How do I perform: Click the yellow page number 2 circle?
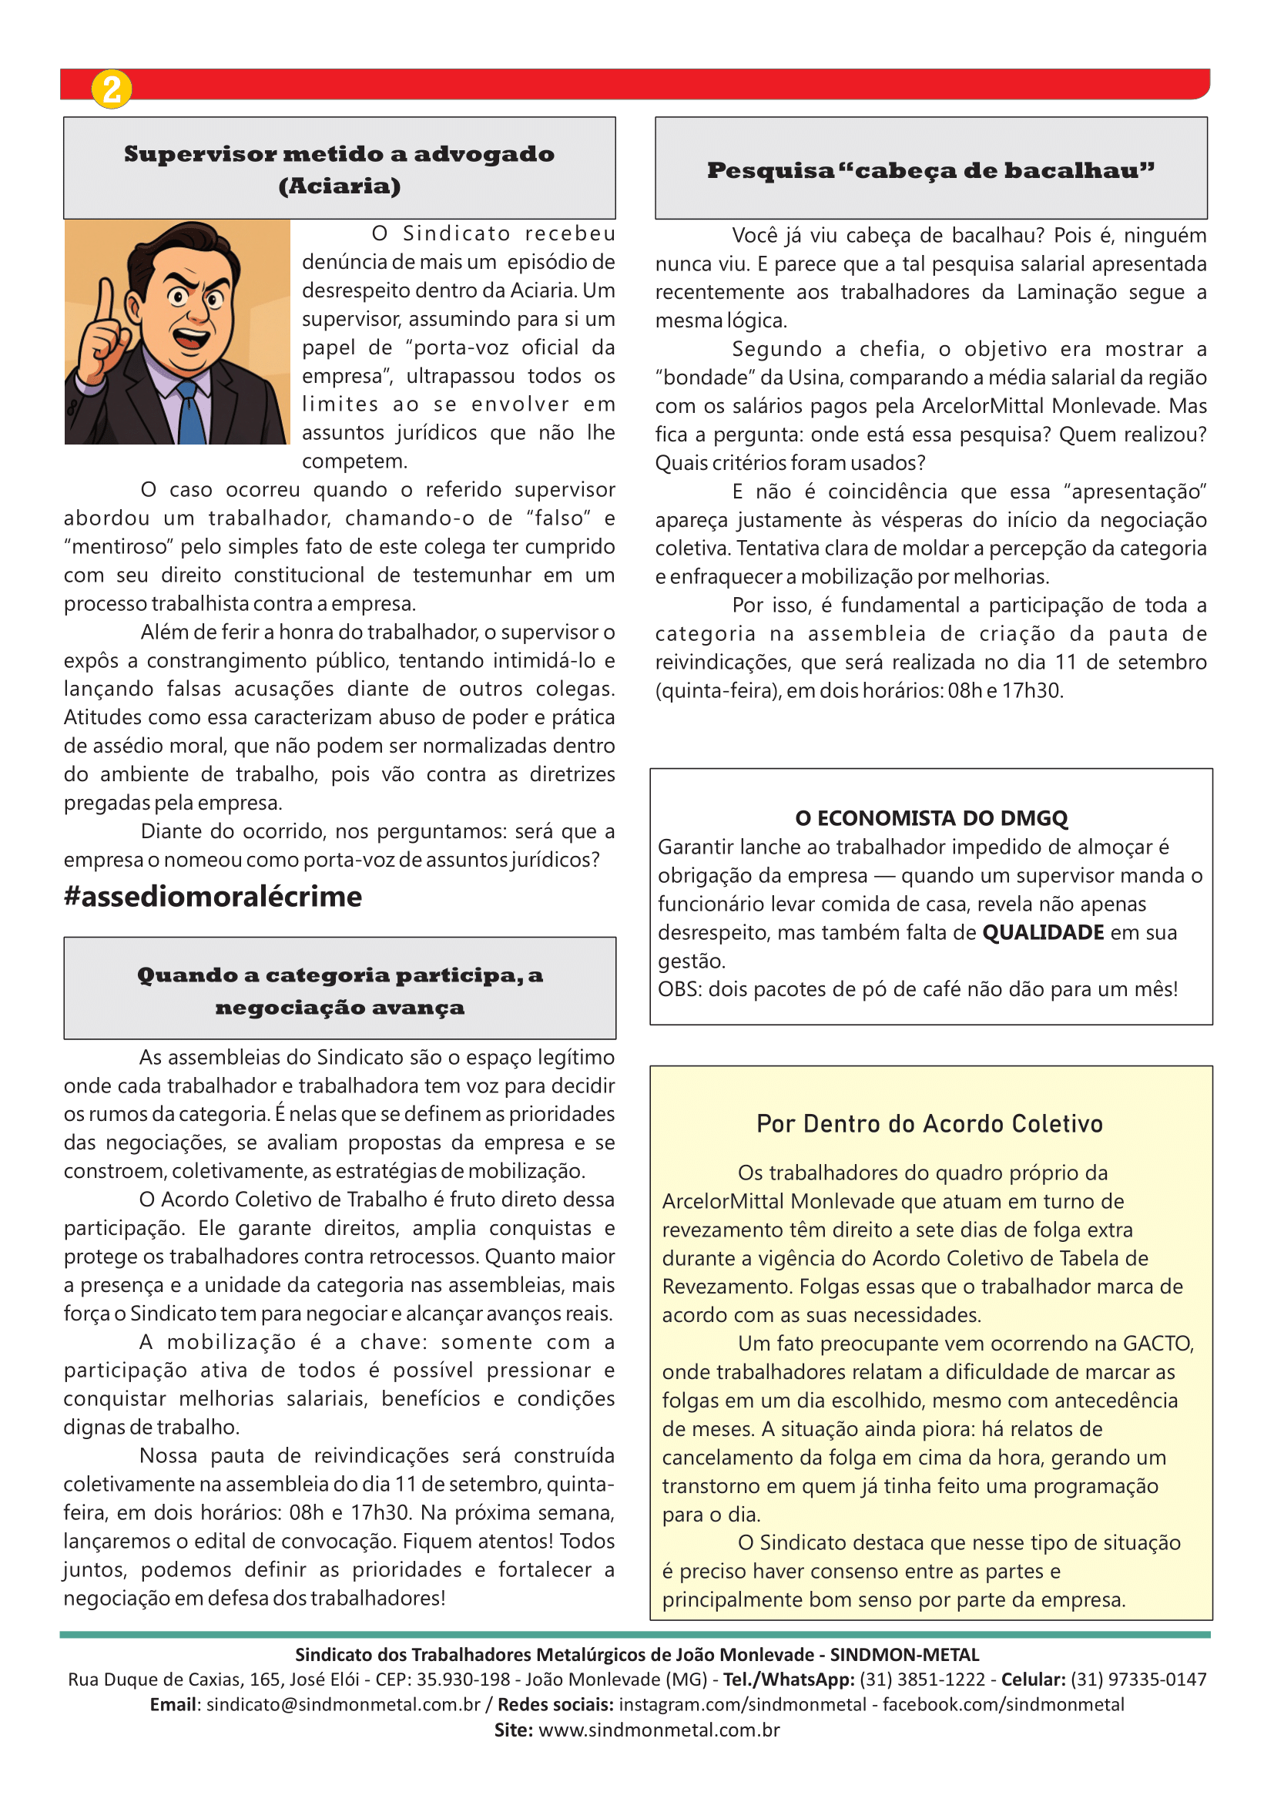(x=112, y=89)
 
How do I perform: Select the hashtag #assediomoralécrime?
(x=213, y=896)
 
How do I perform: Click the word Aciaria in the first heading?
(x=339, y=186)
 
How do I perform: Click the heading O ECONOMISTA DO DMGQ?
(x=931, y=819)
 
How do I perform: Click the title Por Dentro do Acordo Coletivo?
(x=930, y=1124)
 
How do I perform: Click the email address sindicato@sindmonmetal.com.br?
(x=343, y=1705)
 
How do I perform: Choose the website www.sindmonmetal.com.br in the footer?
(x=659, y=1730)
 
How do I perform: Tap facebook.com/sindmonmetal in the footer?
(x=1004, y=1705)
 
